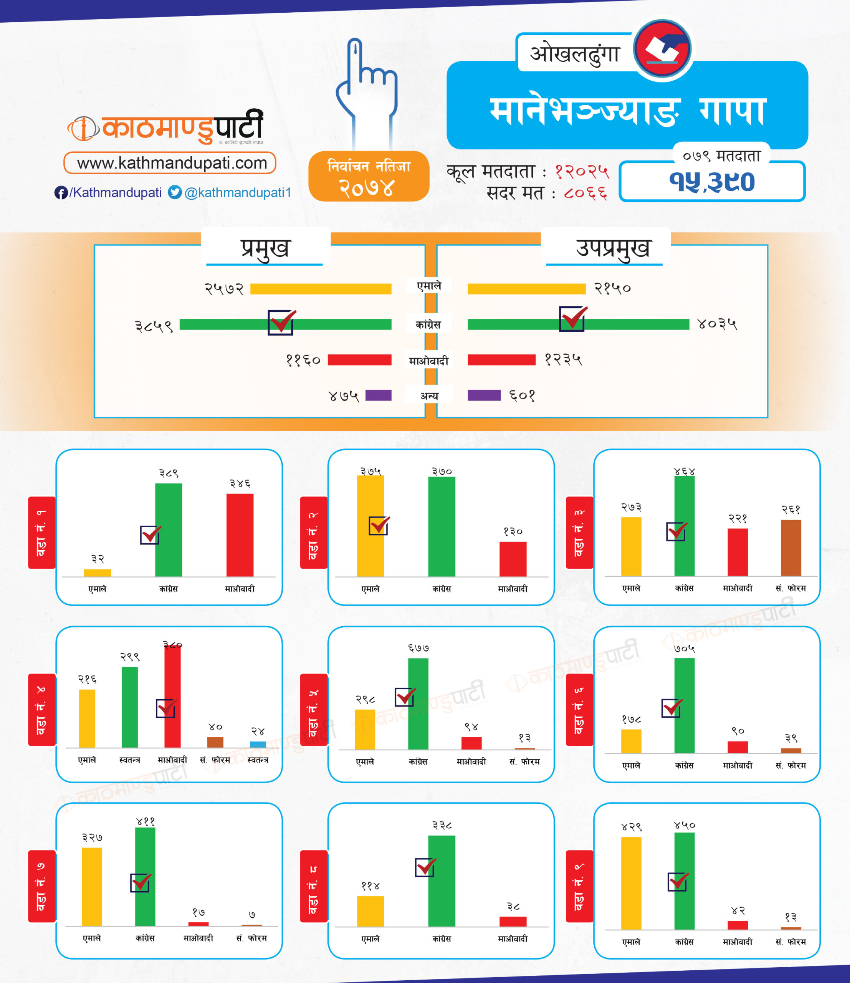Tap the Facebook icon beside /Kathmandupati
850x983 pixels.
point(61,193)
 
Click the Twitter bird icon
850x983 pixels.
point(175,192)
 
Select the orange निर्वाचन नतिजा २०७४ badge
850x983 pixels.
point(369,177)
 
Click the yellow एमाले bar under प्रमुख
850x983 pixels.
point(321,288)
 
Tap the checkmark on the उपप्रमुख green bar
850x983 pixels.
point(572,318)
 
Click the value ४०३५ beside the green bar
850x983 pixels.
point(717,324)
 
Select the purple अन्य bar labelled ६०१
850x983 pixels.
point(484,395)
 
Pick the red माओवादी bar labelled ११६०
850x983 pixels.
point(360,360)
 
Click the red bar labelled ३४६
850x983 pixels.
point(240,535)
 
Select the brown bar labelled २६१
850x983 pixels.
point(791,548)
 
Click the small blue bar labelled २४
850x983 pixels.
point(258,745)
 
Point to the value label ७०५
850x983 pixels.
point(684,649)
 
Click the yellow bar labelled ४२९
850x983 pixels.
point(631,884)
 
